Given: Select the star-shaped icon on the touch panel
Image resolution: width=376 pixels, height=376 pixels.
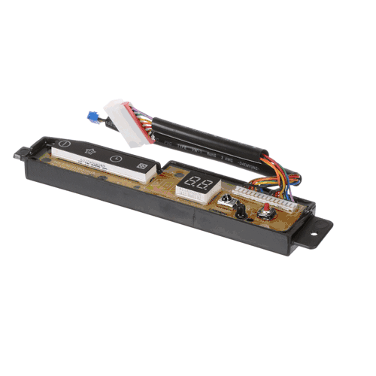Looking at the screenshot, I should pos(90,150).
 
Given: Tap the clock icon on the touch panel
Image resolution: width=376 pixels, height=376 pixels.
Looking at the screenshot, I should pos(115,159).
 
